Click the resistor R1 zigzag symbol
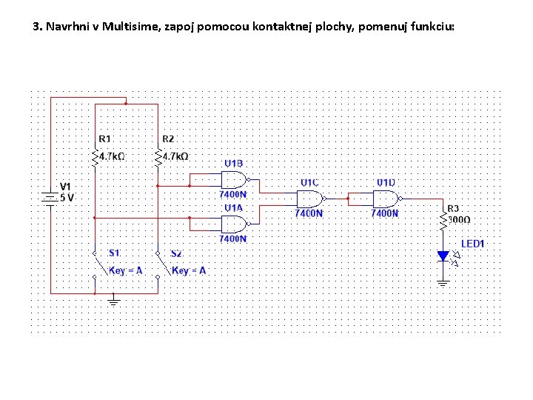95,159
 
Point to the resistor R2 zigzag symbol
158,159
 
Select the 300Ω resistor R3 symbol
443,221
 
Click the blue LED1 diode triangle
443,256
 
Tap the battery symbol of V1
50,199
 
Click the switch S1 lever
101,264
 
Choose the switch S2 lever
164,264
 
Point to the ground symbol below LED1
443,283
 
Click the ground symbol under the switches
113,301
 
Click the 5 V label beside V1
67,198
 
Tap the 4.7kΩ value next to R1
112,156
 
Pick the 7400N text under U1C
309,213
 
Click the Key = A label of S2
189,271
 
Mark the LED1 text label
472,244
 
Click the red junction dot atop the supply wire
126,104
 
